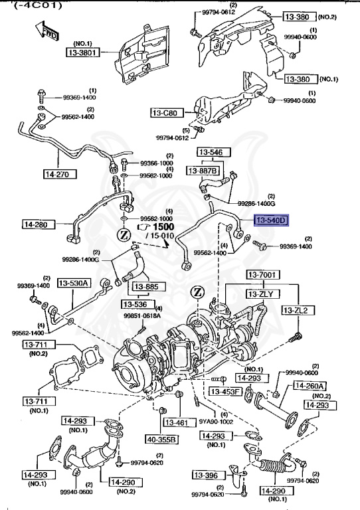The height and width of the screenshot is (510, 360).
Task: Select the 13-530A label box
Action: pyautogui.click(x=74, y=283)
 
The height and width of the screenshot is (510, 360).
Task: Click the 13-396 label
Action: pyautogui.click(x=208, y=475)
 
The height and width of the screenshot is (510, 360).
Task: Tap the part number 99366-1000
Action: pyautogui.click(x=155, y=163)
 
